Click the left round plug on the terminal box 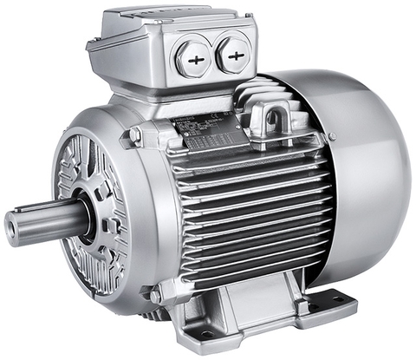(193, 58)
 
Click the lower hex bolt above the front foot (155, 296)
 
